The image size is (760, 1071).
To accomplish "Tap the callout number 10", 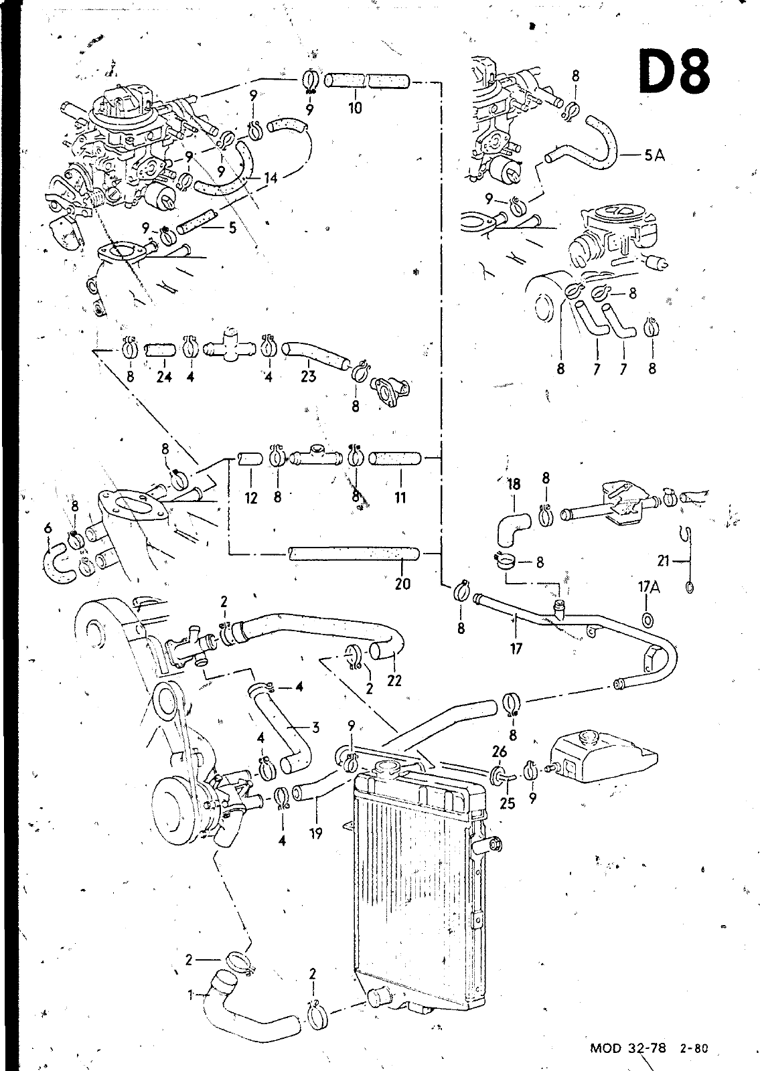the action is (x=355, y=108).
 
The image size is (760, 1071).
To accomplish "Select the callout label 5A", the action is (x=655, y=155).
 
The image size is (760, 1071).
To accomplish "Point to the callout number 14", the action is (x=271, y=178).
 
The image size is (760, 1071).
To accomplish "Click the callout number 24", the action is (x=164, y=377).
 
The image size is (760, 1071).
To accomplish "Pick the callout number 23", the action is (x=309, y=376).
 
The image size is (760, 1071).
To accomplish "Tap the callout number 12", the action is (x=251, y=498).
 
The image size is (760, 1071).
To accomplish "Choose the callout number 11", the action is (x=400, y=498).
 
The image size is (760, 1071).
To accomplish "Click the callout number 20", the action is (x=402, y=583).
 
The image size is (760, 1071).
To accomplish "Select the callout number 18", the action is (x=514, y=485).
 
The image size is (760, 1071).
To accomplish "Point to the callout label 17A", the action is (x=649, y=587).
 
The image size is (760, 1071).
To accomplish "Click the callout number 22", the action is (x=394, y=680).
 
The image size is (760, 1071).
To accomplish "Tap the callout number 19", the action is (x=315, y=833).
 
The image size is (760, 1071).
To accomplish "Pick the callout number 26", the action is (x=500, y=752).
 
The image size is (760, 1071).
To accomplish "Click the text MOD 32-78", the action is (x=628, y=1049).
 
